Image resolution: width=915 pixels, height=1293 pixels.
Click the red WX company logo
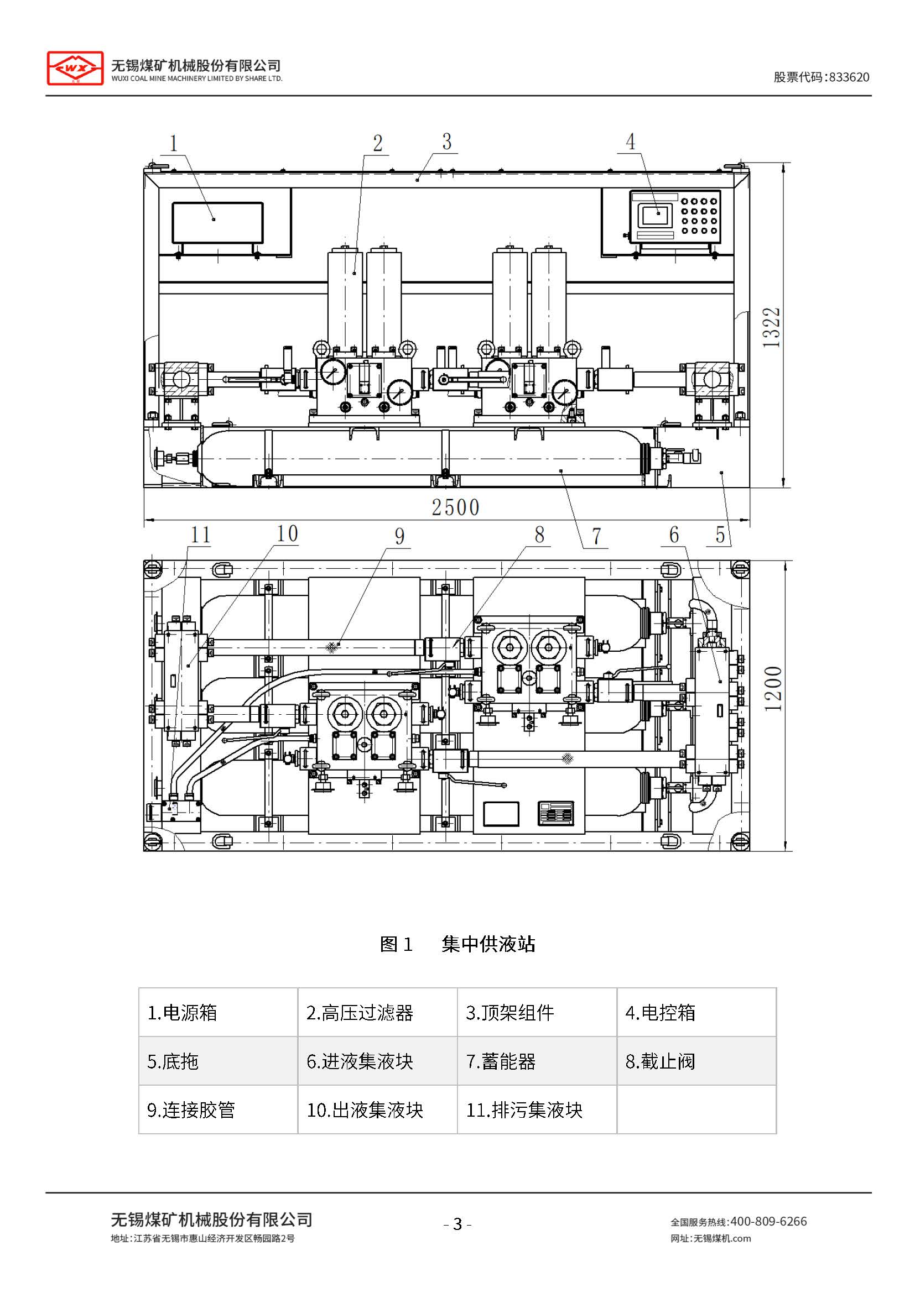click(x=75, y=68)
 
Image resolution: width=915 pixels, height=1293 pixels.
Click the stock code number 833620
click(x=849, y=77)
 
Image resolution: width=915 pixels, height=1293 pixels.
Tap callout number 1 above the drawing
click(x=174, y=143)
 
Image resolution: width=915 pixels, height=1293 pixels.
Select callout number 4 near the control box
click(x=631, y=142)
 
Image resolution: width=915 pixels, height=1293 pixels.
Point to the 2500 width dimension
click(x=455, y=507)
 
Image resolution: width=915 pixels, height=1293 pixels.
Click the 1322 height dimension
click(x=771, y=327)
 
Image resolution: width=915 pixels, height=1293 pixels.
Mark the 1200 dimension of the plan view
click(x=773, y=688)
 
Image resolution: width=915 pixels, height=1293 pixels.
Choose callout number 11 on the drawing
click(x=201, y=535)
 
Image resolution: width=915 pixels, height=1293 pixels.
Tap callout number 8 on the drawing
click(x=539, y=535)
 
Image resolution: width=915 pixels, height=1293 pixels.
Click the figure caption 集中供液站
click(x=488, y=944)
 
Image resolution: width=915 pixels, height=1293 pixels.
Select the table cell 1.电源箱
click(x=217, y=1013)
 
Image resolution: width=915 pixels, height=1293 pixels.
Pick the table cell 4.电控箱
click(x=696, y=1013)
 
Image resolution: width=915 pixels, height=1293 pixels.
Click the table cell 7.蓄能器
click(x=537, y=1061)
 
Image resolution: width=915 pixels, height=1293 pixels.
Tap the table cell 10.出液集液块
click(x=377, y=1110)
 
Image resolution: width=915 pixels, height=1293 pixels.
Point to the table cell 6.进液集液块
click(x=377, y=1061)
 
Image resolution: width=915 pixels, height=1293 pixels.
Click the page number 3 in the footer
click(x=457, y=1224)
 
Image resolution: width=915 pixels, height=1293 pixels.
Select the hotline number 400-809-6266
click(x=768, y=1222)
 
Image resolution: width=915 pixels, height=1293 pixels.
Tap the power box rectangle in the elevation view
click(x=217, y=223)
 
